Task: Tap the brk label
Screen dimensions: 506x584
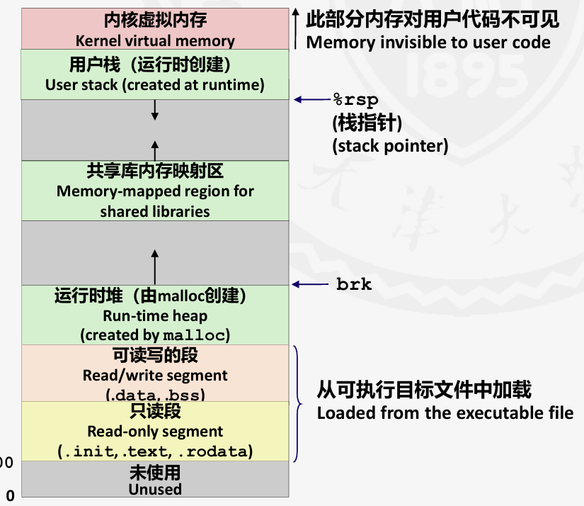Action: [354, 285]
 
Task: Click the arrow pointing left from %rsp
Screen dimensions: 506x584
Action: [309, 100]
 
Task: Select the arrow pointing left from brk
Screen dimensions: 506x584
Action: [309, 285]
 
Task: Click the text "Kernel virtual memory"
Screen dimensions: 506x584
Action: [155, 40]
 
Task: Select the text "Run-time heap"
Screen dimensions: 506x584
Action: [155, 315]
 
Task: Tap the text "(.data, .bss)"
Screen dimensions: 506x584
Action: [155, 394]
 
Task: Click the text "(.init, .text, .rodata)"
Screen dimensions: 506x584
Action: [155, 451]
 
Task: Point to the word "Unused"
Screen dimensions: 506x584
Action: [155, 489]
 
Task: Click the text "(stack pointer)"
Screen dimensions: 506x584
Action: [390, 147]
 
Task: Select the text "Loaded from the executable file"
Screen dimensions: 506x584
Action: [445, 412]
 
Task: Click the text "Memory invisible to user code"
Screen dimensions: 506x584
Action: [428, 43]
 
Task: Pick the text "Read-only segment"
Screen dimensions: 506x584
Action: [155, 431]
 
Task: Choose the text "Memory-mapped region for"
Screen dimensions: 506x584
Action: [155, 191]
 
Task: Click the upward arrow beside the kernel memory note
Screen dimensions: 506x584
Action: [296, 28]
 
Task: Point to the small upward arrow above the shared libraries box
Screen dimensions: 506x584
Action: [155, 150]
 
